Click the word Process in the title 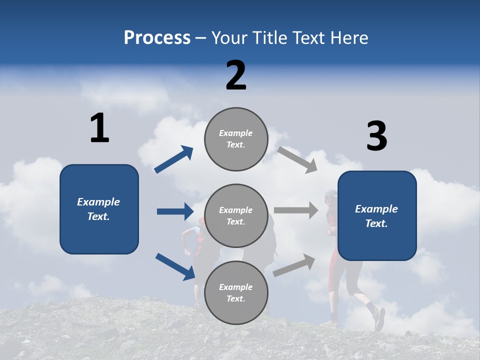[x=157, y=38]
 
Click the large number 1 [x=99, y=128]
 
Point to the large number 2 [x=236, y=75]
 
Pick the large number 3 [x=376, y=136]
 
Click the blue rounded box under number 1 [x=99, y=209]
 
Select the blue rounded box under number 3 [x=377, y=215]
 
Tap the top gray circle [x=236, y=139]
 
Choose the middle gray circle [x=236, y=216]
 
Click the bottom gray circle [x=236, y=293]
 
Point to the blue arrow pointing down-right [x=175, y=266]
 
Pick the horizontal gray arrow [x=296, y=210]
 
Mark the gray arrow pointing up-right [x=294, y=265]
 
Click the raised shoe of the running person [x=379, y=318]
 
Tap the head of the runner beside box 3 [x=330, y=195]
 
